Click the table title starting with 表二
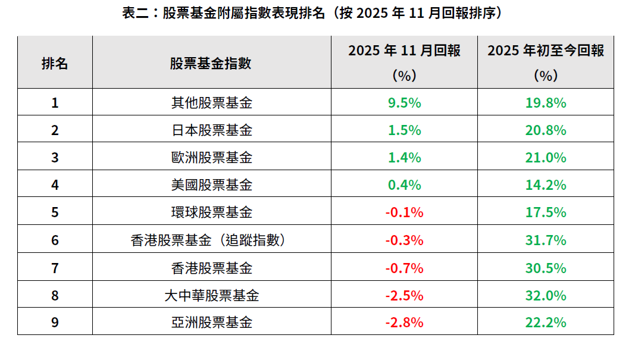pyautogui.click(x=315, y=13)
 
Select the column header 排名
pyautogui.click(x=55, y=63)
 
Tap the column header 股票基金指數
pyautogui.click(x=211, y=63)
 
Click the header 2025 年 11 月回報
pyautogui.click(x=404, y=51)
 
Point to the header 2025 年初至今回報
pyautogui.click(x=545, y=51)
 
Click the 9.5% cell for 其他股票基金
pyautogui.click(x=404, y=103)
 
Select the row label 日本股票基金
pyautogui.click(x=211, y=130)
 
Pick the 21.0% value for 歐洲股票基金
pyautogui.click(x=545, y=158)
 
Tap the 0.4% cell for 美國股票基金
pyautogui.click(x=404, y=185)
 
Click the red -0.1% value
pyautogui.click(x=404, y=212)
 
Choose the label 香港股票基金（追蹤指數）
pyautogui.click(x=211, y=240)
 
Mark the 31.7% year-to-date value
pyautogui.click(x=545, y=240)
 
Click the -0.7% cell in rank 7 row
pyautogui.click(x=404, y=268)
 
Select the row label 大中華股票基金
pyautogui.click(x=211, y=295)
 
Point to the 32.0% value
pyautogui.click(x=545, y=295)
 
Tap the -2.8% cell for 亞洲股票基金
pyautogui.click(x=404, y=323)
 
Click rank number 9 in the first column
pyautogui.click(x=55, y=323)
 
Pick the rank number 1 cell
pyautogui.click(x=55, y=103)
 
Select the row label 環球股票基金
pyautogui.click(x=211, y=212)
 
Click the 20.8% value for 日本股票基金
pyautogui.click(x=545, y=130)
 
